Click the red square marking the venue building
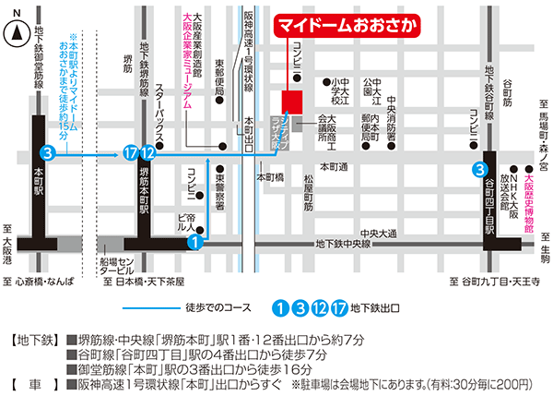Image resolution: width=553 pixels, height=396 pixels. coord(292,100)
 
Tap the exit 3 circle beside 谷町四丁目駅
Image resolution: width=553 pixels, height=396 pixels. coord(480,169)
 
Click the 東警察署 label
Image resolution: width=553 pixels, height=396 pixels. coord(220,186)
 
